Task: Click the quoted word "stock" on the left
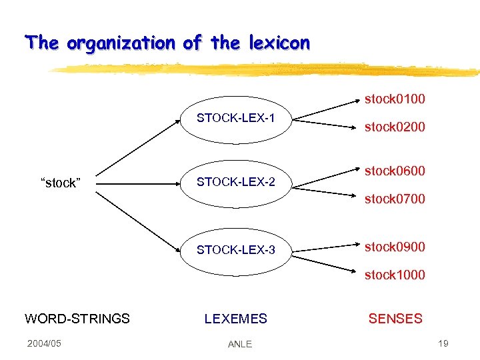60,183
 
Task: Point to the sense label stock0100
395,99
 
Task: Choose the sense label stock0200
395,127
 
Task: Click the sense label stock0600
395,171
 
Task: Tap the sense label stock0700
395,199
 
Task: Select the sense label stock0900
395,247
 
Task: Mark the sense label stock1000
395,275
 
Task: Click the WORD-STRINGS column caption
77,319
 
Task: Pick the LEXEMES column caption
235,319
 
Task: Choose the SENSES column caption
395,319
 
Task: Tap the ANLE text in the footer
240,344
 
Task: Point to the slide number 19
443,343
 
